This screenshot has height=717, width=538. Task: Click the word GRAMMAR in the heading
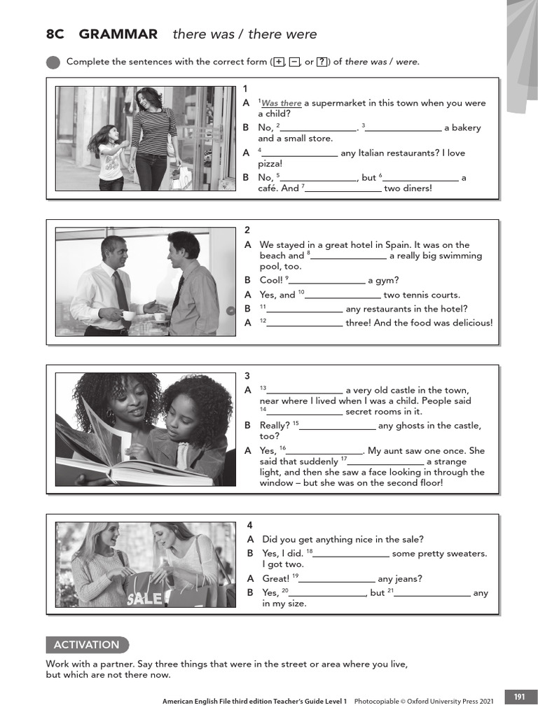click(x=118, y=34)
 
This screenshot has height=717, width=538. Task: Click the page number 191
click(x=519, y=697)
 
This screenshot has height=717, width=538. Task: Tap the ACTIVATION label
click(x=87, y=645)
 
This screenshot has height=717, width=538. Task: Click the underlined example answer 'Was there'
click(x=281, y=104)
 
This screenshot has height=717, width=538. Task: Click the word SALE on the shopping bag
click(x=144, y=599)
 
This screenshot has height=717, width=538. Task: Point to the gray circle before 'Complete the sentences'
click(x=53, y=62)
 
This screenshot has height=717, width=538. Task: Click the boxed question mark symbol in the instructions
click(x=322, y=62)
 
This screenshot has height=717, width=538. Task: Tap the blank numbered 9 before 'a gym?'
click(x=327, y=281)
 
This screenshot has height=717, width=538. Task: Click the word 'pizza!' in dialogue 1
click(x=270, y=163)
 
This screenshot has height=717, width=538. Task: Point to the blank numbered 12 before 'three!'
click(x=305, y=323)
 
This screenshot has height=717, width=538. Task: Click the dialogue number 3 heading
click(x=247, y=376)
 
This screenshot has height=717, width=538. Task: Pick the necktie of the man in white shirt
click(x=120, y=290)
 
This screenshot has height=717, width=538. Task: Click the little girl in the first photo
click(x=109, y=158)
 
